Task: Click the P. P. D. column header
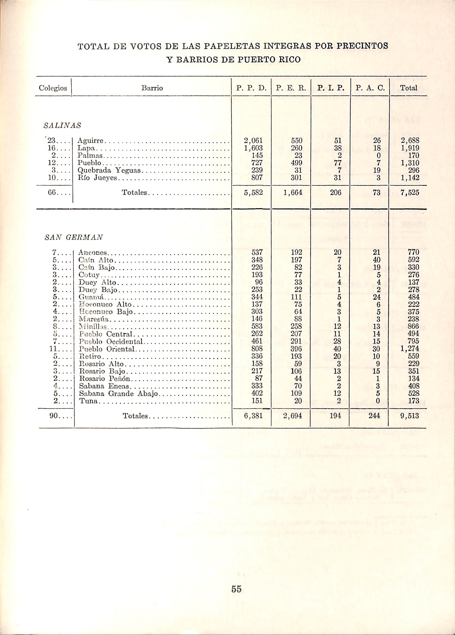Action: click(251, 89)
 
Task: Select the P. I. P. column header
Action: click(330, 89)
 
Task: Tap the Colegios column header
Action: click(53, 89)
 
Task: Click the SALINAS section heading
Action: click(62, 126)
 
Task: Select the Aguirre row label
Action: click(91, 141)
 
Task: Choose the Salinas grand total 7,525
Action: click(410, 193)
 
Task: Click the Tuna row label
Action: click(88, 401)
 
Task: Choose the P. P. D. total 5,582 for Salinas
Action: click(253, 193)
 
